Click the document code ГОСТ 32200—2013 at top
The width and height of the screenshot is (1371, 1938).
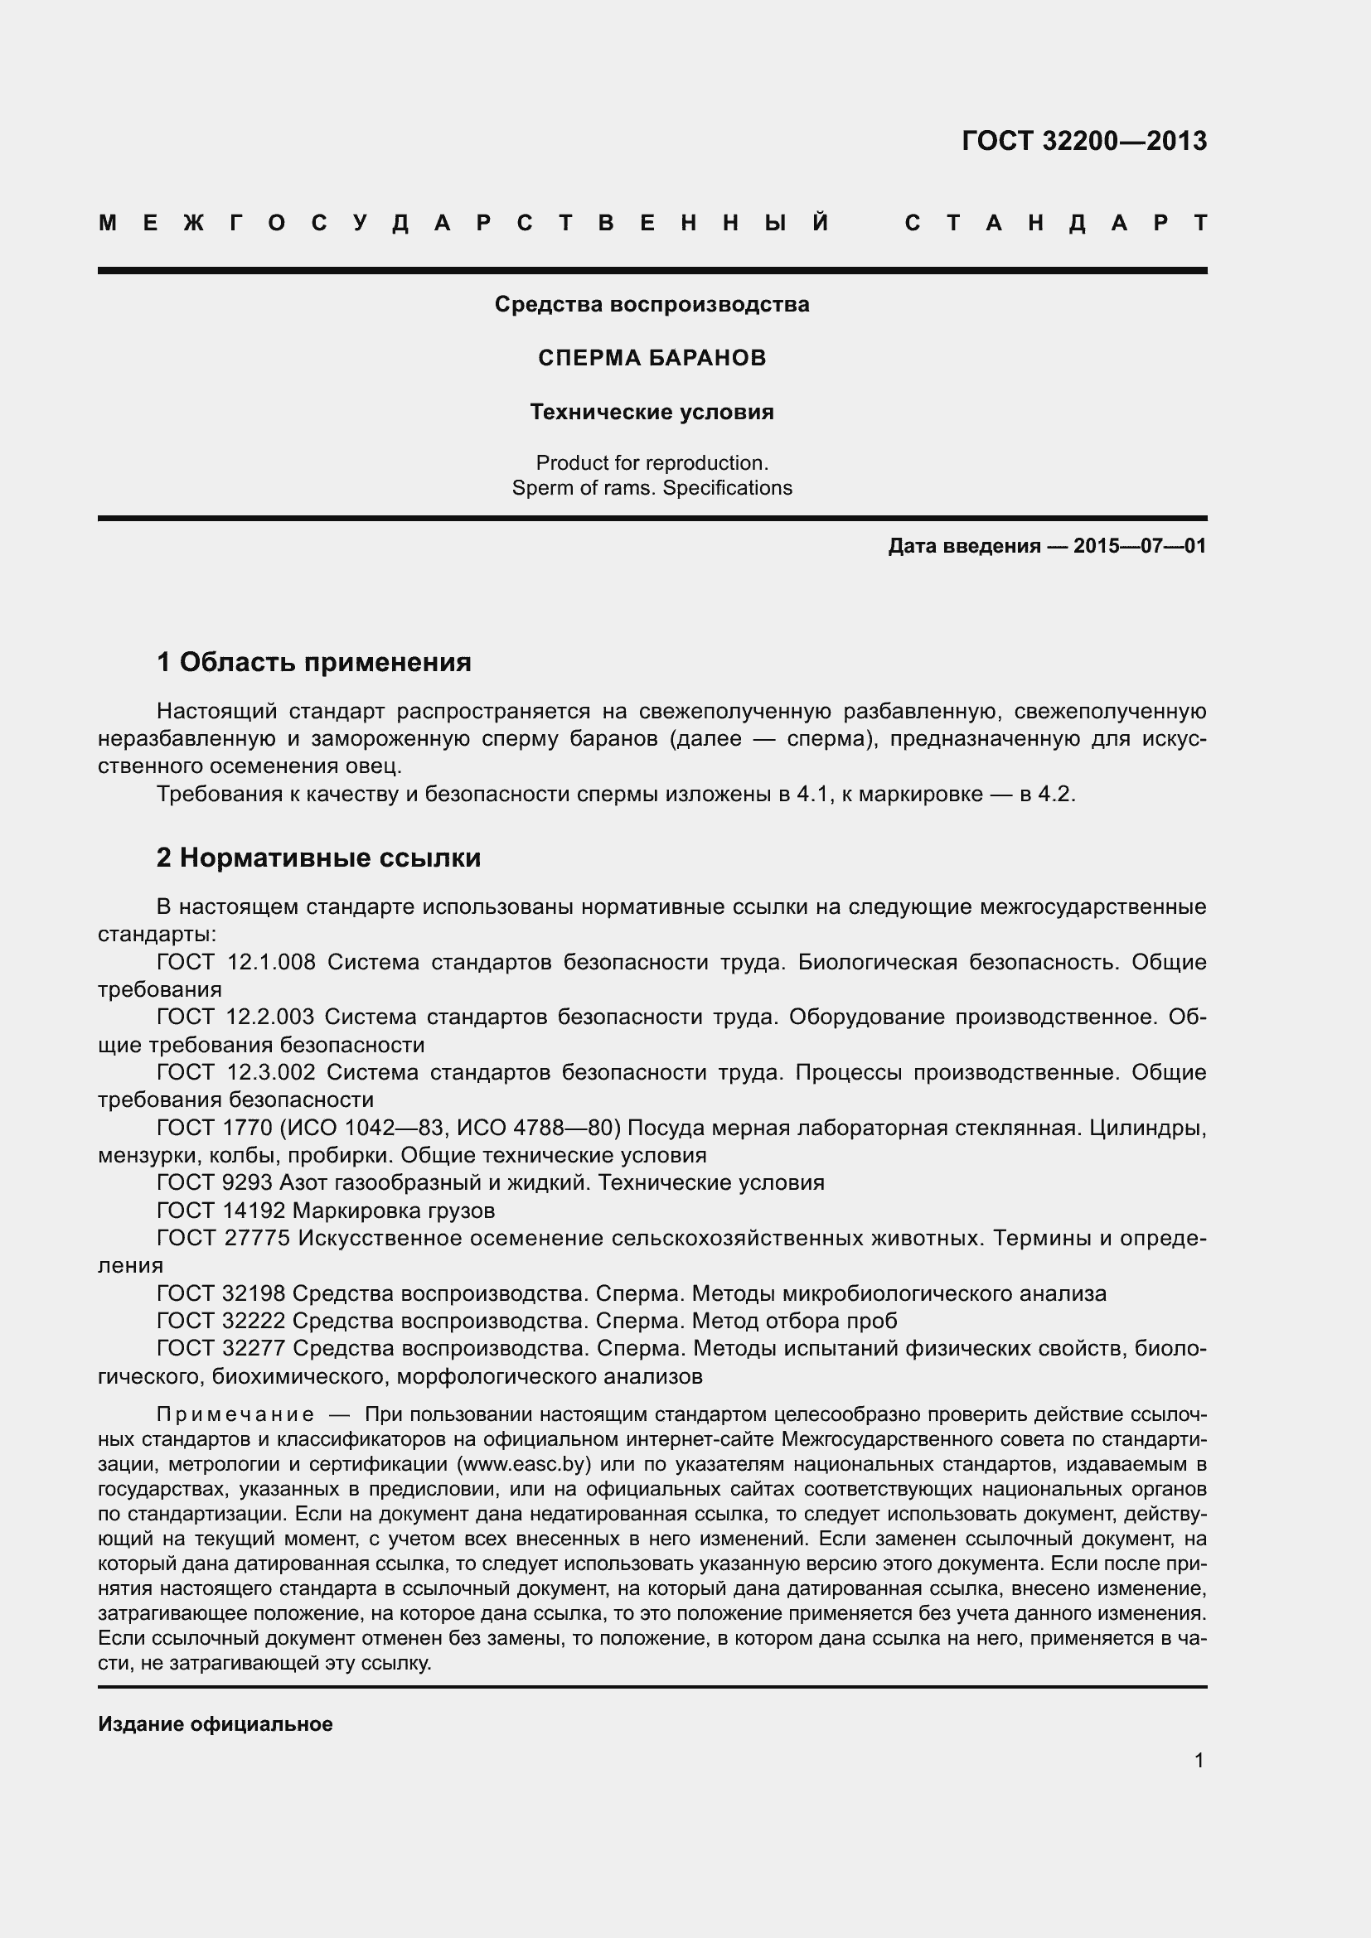pos(1084,141)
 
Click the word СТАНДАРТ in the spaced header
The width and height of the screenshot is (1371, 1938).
pos(1055,224)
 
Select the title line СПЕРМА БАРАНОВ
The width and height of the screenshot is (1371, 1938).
pos(652,358)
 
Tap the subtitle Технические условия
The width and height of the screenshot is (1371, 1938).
pos(652,412)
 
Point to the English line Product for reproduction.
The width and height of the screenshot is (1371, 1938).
pos(652,462)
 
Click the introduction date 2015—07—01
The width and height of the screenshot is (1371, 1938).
pos(1140,546)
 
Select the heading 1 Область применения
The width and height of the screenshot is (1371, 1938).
pos(313,662)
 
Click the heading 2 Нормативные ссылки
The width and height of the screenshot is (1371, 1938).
pos(318,858)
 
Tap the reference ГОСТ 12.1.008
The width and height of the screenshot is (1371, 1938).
pos(235,961)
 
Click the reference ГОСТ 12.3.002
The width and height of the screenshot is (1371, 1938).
pos(235,1072)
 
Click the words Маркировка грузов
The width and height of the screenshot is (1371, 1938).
pos(394,1211)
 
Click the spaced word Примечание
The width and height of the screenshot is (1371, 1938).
pos(235,1414)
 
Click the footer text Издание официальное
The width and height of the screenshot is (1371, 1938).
pos(216,1723)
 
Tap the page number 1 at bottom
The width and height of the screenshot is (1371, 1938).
pos(1199,1760)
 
